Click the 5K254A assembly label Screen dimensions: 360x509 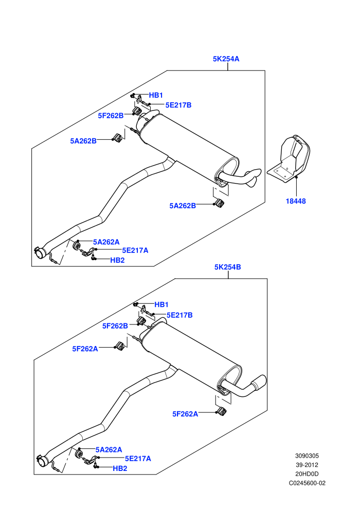pyautogui.click(x=226, y=59)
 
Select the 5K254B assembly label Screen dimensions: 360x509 pyautogui.click(x=227, y=267)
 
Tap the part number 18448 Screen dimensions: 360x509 pyautogui.click(x=296, y=201)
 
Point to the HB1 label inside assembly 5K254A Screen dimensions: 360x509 pyautogui.click(x=156, y=95)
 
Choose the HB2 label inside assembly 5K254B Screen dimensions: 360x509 pyautogui.click(x=120, y=468)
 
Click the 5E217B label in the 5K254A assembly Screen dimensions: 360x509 pyautogui.click(x=178, y=105)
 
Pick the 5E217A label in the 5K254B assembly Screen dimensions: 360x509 pyautogui.click(x=138, y=459)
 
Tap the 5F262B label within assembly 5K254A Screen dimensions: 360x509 pyautogui.click(x=111, y=116)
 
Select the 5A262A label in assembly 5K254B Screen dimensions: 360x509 pyautogui.click(x=109, y=449)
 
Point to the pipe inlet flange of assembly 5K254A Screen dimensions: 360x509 pyautogui.click(x=40, y=252)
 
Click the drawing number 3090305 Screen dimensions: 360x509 pyautogui.click(x=307, y=456)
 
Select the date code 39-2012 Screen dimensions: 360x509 pyautogui.click(x=307, y=465)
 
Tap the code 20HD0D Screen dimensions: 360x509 pyautogui.click(x=307, y=474)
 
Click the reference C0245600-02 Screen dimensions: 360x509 pyautogui.click(x=307, y=483)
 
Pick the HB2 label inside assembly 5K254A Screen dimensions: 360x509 pyautogui.click(x=117, y=260)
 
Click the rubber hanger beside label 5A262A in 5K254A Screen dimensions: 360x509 pyautogui.click(x=78, y=245)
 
